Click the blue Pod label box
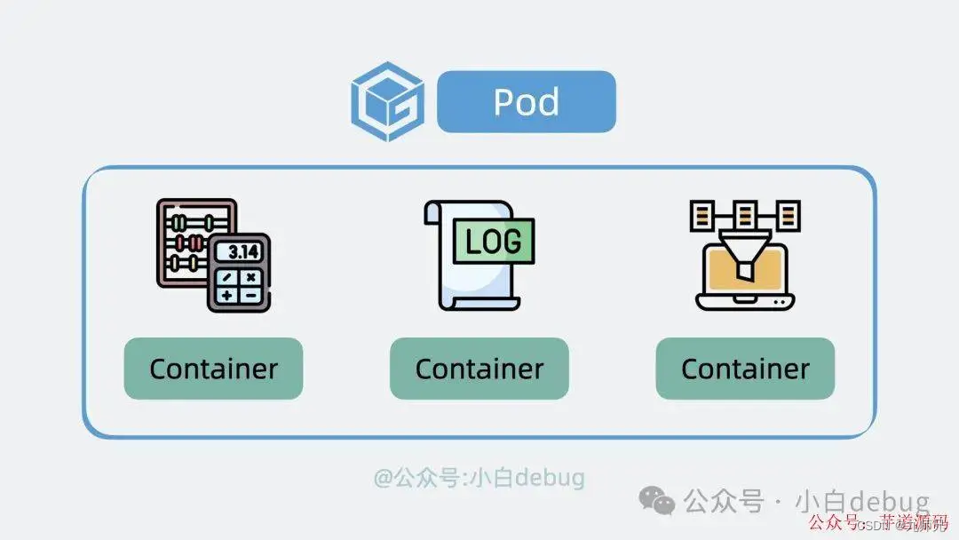click(x=526, y=101)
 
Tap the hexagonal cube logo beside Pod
click(x=386, y=102)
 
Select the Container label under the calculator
click(x=213, y=369)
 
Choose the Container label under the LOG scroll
click(x=479, y=369)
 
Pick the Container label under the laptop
click(x=745, y=369)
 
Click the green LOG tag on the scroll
click(x=494, y=242)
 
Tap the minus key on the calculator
click(x=251, y=294)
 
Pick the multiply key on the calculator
click(x=251, y=276)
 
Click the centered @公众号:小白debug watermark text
click(x=479, y=478)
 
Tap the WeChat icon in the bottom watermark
click(x=658, y=501)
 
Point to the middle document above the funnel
click(x=744, y=214)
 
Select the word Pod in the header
click(x=526, y=102)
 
